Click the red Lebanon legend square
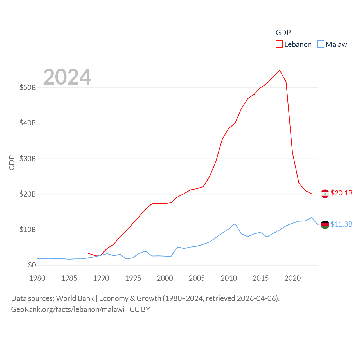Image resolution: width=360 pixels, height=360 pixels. coord(279,44)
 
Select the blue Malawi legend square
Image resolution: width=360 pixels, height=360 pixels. coord(321,44)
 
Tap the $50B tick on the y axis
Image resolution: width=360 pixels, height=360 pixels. coord(28,87)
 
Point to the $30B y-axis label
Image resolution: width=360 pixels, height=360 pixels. coord(28,159)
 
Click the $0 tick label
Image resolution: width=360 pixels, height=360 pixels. coord(32,265)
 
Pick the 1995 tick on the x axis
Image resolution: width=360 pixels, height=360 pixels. coord(133,278)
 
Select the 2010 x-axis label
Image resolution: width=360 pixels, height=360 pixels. coord(229,278)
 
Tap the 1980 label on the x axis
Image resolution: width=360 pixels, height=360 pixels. coord(37,278)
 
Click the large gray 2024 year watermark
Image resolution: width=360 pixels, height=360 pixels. coord(67,77)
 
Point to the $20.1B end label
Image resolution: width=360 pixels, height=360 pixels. coord(341,193)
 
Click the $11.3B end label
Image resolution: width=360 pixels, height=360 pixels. coord(341,224)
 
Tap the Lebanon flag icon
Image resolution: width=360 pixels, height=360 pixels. coord(325,194)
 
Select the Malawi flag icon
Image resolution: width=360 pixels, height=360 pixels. coord(325,225)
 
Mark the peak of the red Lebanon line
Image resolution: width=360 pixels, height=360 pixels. coord(280,70)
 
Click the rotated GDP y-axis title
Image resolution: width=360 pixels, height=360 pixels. coord(12,163)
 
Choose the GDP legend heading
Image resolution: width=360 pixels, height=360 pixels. coord(283,33)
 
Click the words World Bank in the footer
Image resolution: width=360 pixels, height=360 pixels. coord(75,298)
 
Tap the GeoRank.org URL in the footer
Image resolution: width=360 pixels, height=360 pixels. coord(67,309)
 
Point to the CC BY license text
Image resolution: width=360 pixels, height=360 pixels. coord(140,309)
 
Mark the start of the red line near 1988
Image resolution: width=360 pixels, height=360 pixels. coord(88,253)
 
